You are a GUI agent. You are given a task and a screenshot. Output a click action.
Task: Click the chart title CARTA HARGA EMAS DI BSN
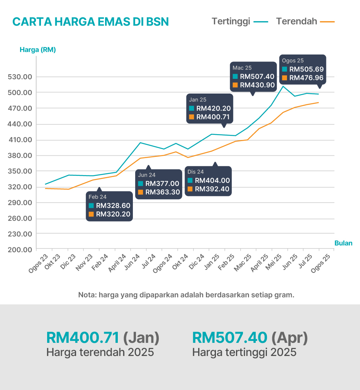click(90, 22)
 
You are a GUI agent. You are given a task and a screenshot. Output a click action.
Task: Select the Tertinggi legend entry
click(231, 21)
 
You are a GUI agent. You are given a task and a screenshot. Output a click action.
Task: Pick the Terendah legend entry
click(296, 21)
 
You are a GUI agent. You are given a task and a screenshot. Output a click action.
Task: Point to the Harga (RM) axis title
click(37, 49)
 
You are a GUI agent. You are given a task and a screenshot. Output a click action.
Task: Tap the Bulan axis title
click(343, 243)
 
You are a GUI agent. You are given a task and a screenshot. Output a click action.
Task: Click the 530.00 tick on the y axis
click(20, 77)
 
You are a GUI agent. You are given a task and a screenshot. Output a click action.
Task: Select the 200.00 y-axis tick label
click(20, 250)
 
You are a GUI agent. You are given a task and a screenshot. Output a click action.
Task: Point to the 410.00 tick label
click(20, 140)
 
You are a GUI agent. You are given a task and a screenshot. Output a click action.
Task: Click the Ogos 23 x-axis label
click(39, 264)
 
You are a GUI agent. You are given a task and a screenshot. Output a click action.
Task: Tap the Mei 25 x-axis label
click(275, 262)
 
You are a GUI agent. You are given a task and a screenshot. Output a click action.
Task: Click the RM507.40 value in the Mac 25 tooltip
click(257, 77)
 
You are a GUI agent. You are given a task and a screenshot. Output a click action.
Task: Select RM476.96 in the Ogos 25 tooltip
click(306, 78)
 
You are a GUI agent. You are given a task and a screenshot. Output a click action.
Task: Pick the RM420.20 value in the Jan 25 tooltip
click(213, 109)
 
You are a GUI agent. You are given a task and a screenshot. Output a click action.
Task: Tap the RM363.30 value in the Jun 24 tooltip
click(162, 192)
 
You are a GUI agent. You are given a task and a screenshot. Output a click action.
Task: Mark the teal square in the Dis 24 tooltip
click(190, 181)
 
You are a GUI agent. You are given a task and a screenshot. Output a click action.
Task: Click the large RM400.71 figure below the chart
click(83, 338)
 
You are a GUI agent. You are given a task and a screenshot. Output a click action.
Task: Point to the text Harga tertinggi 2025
click(244, 353)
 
